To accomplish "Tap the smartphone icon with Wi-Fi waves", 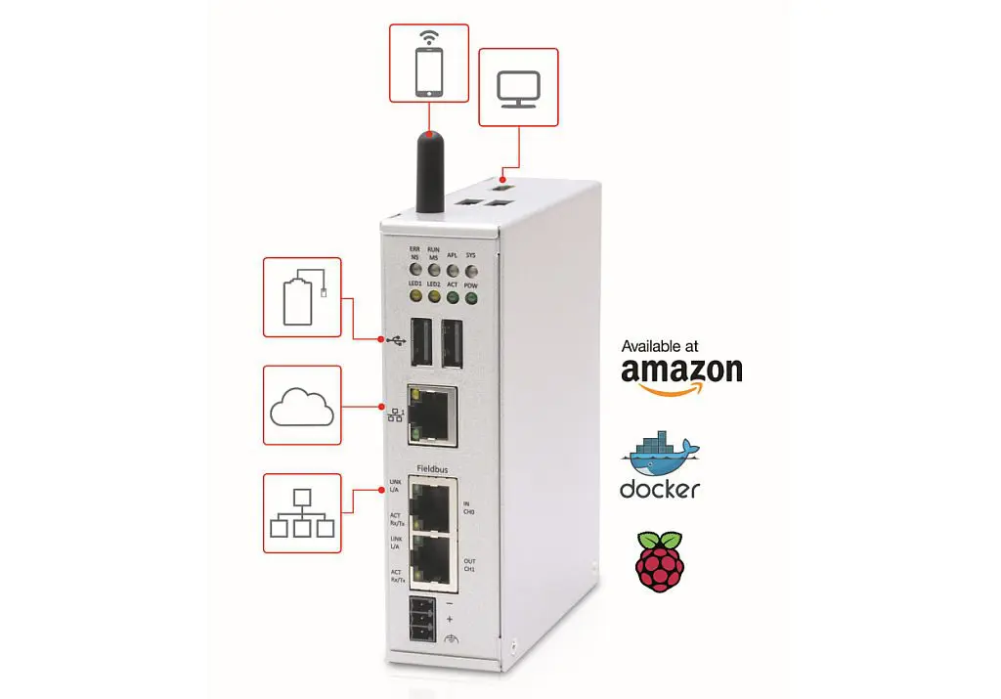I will coord(429,64).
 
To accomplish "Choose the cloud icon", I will coord(302,406).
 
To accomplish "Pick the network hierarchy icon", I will coord(302,514).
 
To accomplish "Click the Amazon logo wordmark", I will coord(681,371).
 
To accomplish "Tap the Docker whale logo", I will coord(661,451).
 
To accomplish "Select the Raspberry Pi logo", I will coord(659,561).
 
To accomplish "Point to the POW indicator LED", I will coord(470,298).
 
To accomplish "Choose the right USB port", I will coord(453,344).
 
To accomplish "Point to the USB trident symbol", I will coord(396,340).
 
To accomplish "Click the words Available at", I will coord(660,347).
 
